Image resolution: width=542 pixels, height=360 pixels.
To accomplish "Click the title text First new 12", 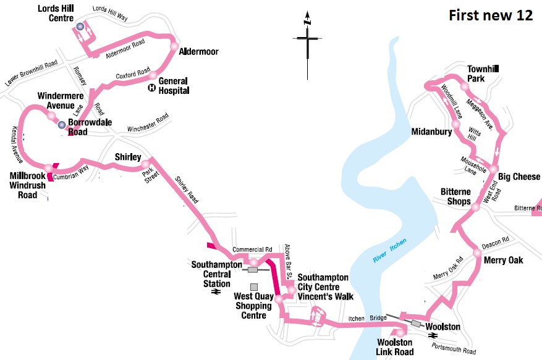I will coord(490,16).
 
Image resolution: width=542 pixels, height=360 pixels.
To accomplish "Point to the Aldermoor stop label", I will coord(198,52).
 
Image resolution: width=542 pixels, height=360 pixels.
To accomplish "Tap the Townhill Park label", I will coord(485,74).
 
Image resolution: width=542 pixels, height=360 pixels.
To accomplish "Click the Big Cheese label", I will coord(519,177).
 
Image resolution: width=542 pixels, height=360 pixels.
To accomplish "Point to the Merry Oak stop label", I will coord(503,261).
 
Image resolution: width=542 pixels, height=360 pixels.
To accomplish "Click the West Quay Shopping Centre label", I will coord(253,306).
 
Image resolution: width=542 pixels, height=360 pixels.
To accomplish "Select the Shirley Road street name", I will coord(186,188).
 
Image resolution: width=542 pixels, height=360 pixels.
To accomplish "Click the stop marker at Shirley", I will coord(146,165).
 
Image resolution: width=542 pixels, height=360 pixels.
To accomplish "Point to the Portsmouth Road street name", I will coord(454,349).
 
